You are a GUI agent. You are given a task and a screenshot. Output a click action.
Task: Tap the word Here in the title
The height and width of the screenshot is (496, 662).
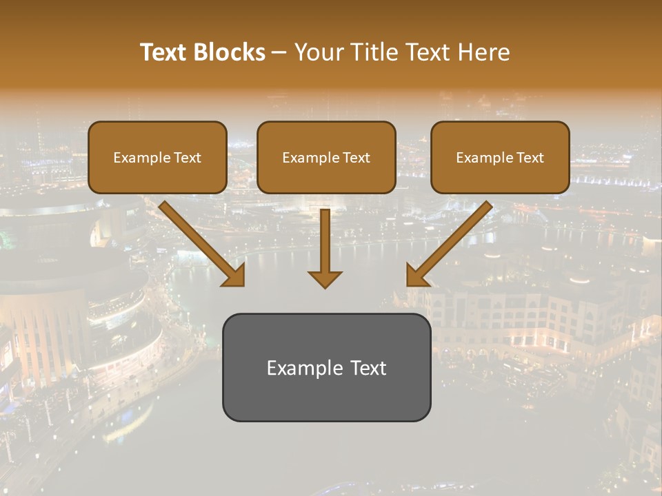point(484,52)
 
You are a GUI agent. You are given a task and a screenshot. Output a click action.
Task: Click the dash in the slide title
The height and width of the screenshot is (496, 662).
point(279,53)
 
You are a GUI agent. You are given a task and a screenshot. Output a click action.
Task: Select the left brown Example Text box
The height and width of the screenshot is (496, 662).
point(157,157)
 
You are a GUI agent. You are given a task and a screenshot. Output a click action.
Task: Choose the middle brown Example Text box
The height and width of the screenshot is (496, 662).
point(326,157)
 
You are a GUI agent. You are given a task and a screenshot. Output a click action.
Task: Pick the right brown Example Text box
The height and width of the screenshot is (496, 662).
point(500,157)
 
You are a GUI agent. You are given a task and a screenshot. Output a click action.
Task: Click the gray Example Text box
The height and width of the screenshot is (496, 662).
point(326,367)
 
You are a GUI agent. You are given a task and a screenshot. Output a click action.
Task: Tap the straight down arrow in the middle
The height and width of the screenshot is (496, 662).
point(325,245)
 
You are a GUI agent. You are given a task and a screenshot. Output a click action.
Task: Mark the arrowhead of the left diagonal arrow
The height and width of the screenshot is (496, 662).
point(234,276)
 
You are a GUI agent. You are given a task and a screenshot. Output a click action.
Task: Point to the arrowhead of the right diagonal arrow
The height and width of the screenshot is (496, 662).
point(417,276)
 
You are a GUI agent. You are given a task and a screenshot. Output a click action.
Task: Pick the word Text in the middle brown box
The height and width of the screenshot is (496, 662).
point(356,158)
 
